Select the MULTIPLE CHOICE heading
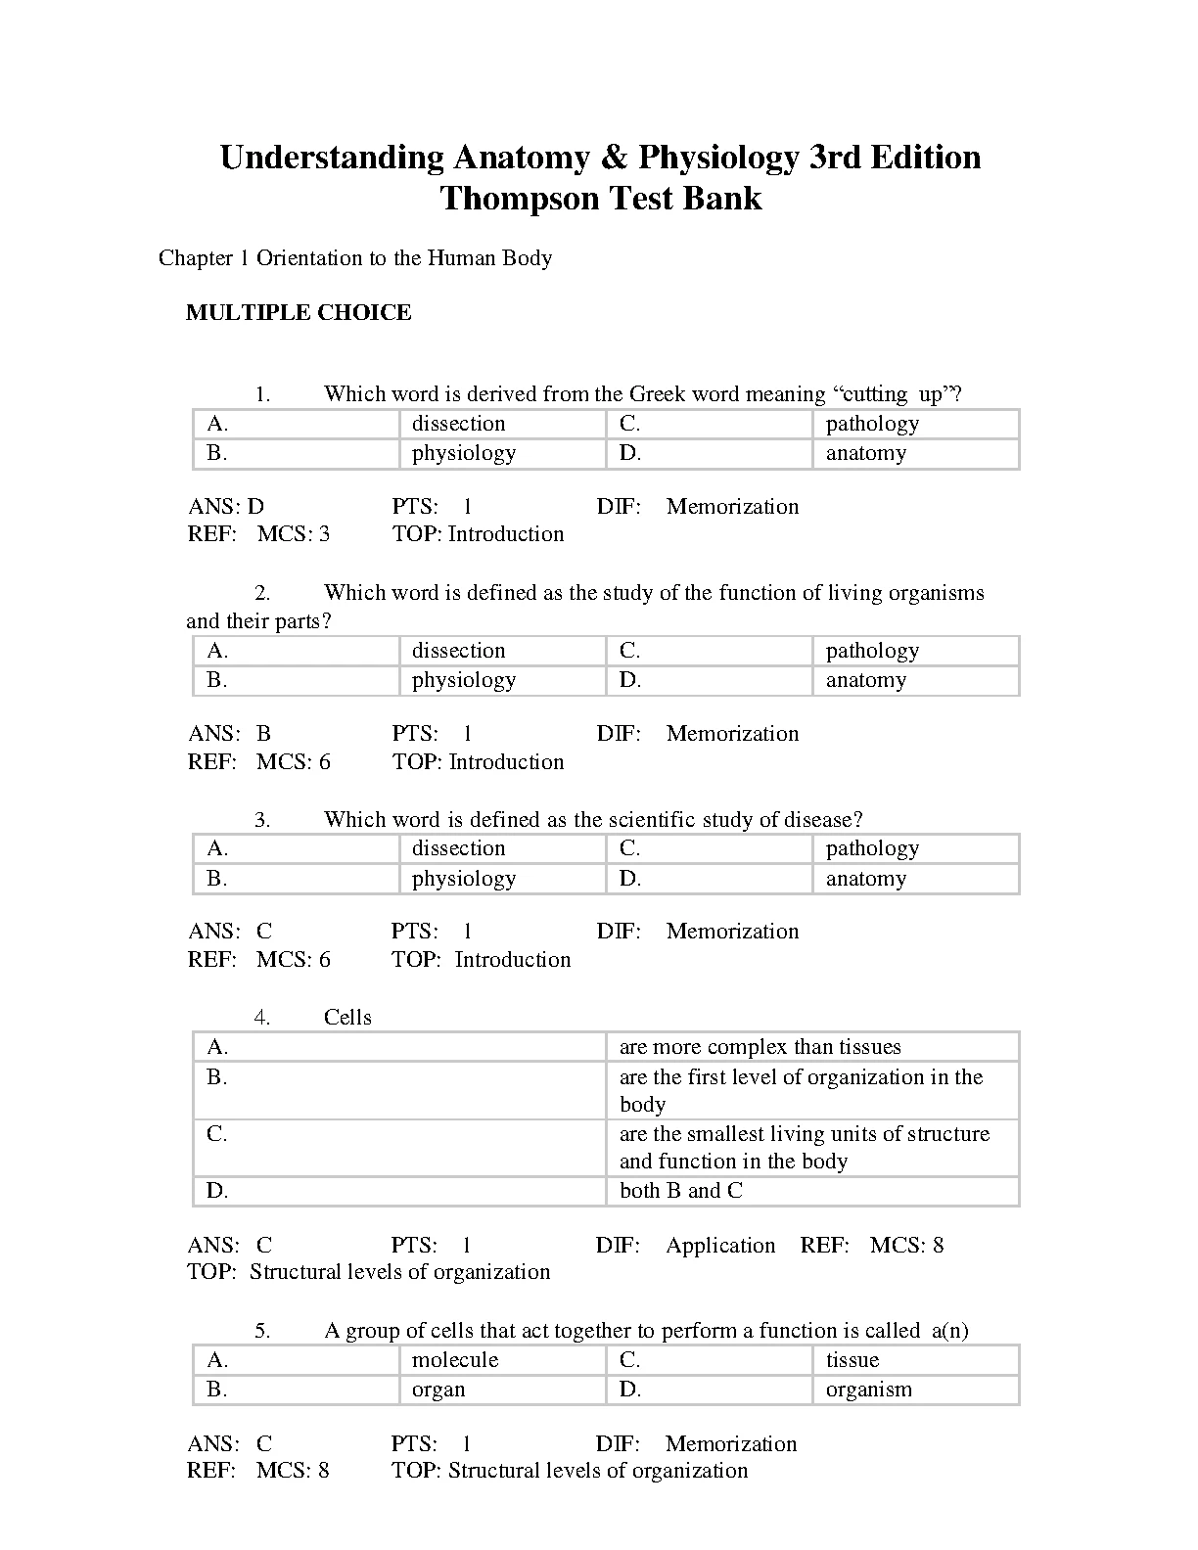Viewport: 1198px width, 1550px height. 299,313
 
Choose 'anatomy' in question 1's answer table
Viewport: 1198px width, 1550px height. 866,453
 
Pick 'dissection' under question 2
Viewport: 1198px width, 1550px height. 458,651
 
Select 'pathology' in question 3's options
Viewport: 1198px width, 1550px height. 872,848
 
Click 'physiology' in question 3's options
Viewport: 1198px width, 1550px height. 463,879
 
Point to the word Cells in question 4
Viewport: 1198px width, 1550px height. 347,1018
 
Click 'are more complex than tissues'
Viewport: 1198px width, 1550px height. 760,1047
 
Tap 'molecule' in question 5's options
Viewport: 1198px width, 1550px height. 455,1360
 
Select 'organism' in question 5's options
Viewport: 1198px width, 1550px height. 868,1390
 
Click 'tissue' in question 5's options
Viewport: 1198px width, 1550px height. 852,1360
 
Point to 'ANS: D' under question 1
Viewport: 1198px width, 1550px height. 226,507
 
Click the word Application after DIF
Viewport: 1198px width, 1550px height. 720,1246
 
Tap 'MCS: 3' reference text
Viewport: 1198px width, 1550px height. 294,534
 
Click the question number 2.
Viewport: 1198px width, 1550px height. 262,593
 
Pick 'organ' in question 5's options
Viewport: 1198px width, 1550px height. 438,1390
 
